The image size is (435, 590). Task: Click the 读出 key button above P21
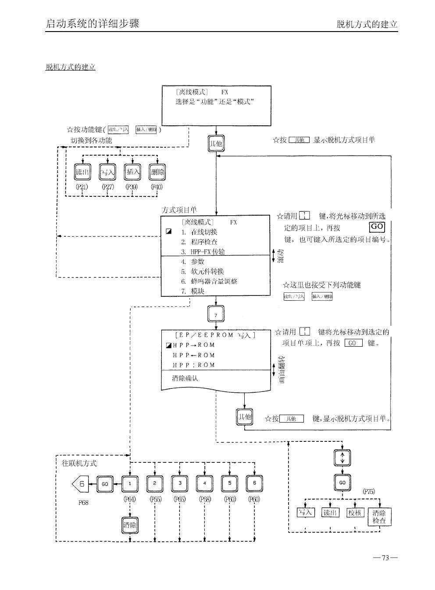pyautogui.click(x=82, y=172)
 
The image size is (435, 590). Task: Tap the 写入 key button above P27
pyautogui.click(x=107, y=172)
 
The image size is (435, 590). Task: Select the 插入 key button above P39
pyautogui.click(x=132, y=172)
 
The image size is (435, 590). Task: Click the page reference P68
pyautogui.click(x=83, y=503)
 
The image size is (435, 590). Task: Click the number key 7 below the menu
pyautogui.click(x=216, y=314)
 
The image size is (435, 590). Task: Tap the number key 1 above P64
pyautogui.click(x=130, y=484)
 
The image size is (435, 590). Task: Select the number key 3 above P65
pyautogui.click(x=180, y=484)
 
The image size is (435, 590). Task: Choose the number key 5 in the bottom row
pyautogui.click(x=230, y=484)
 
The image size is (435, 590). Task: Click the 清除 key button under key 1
pyautogui.click(x=130, y=525)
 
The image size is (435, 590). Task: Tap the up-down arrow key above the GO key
pyautogui.click(x=342, y=458)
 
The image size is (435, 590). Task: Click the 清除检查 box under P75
pyautogui.click(x=379, y=517)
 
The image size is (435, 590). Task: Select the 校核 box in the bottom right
pyautogui.click(x=355, y=512)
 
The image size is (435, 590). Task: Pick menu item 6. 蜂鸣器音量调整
pyautogui.click(x=210, y=281)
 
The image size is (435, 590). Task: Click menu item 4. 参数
pyautogui.click(x=193, y=262)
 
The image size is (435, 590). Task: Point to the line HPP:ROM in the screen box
pyautogui.click(x=194, y=365)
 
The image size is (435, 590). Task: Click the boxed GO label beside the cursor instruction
pyautogui.click(x=377, y=227)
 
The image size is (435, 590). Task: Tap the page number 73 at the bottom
pyautogui.click(x=385, y=558)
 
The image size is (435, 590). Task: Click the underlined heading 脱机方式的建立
pyautogui.click(x=71, y=67)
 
